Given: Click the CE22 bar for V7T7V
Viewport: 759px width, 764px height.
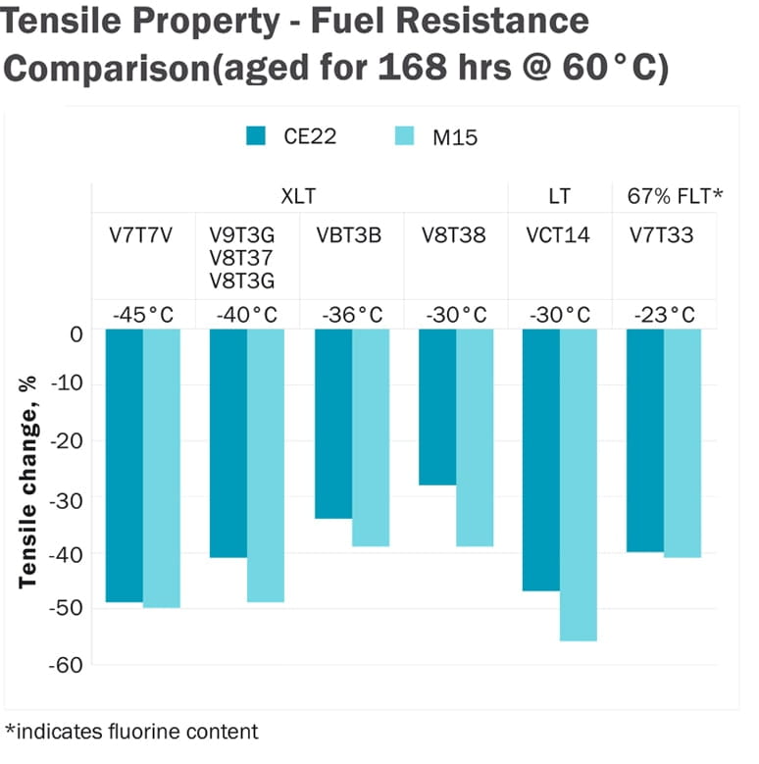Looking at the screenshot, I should pyautogui.click(x=125, y=466).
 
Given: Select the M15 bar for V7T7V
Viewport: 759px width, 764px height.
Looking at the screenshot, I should pyautogui.click(x=162, y=469).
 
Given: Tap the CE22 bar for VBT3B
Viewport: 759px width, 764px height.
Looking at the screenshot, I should pyautogui.click(x=333, y=424).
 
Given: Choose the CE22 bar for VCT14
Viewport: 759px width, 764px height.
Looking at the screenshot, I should pyautogui.click(x=541, y=460).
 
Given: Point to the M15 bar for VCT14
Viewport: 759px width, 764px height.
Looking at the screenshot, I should pyautogui.click(x=579, y=485).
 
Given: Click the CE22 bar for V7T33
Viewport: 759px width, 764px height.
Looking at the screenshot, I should pyautogui.click(x=645, y=440).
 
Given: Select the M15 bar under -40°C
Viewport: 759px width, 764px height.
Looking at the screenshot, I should pyautogui.click(x=266, y=466).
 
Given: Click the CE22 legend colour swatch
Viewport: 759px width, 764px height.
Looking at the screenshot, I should pyautogui.click(x=257, y=136).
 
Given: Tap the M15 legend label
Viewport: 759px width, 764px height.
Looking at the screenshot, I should pyautogui.click(x=455, y=137).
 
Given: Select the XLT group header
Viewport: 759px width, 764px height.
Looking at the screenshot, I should pyautogui.click(x=298, y=197).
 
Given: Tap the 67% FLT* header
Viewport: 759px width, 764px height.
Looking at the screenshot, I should pyautogui.click(x=675, y=197).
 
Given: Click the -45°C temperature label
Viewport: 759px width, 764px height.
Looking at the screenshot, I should pyautogui.click(x=143, y=315).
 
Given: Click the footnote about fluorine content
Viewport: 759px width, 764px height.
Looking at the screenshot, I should pyautogui.click(x=131, y=731).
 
